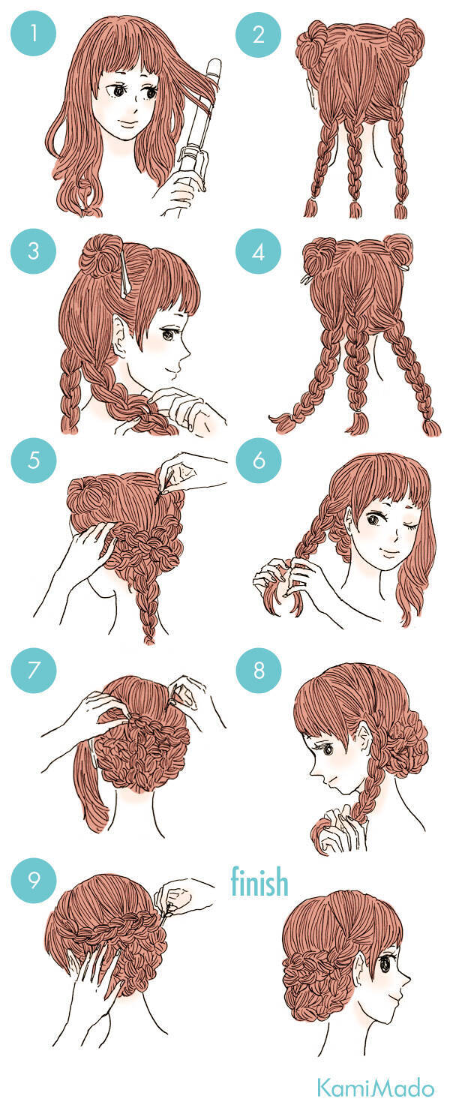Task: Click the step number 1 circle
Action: (34, 34)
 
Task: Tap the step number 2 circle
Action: (258, 34)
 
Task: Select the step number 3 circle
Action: (34, 251)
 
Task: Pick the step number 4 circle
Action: (258, 251)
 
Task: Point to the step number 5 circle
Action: (34, 460)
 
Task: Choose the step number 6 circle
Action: (258, 460)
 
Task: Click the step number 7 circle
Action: (34, 670)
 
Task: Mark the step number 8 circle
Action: (258, 670)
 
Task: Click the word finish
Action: (259, 881)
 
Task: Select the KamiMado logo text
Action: (376, 1088)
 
